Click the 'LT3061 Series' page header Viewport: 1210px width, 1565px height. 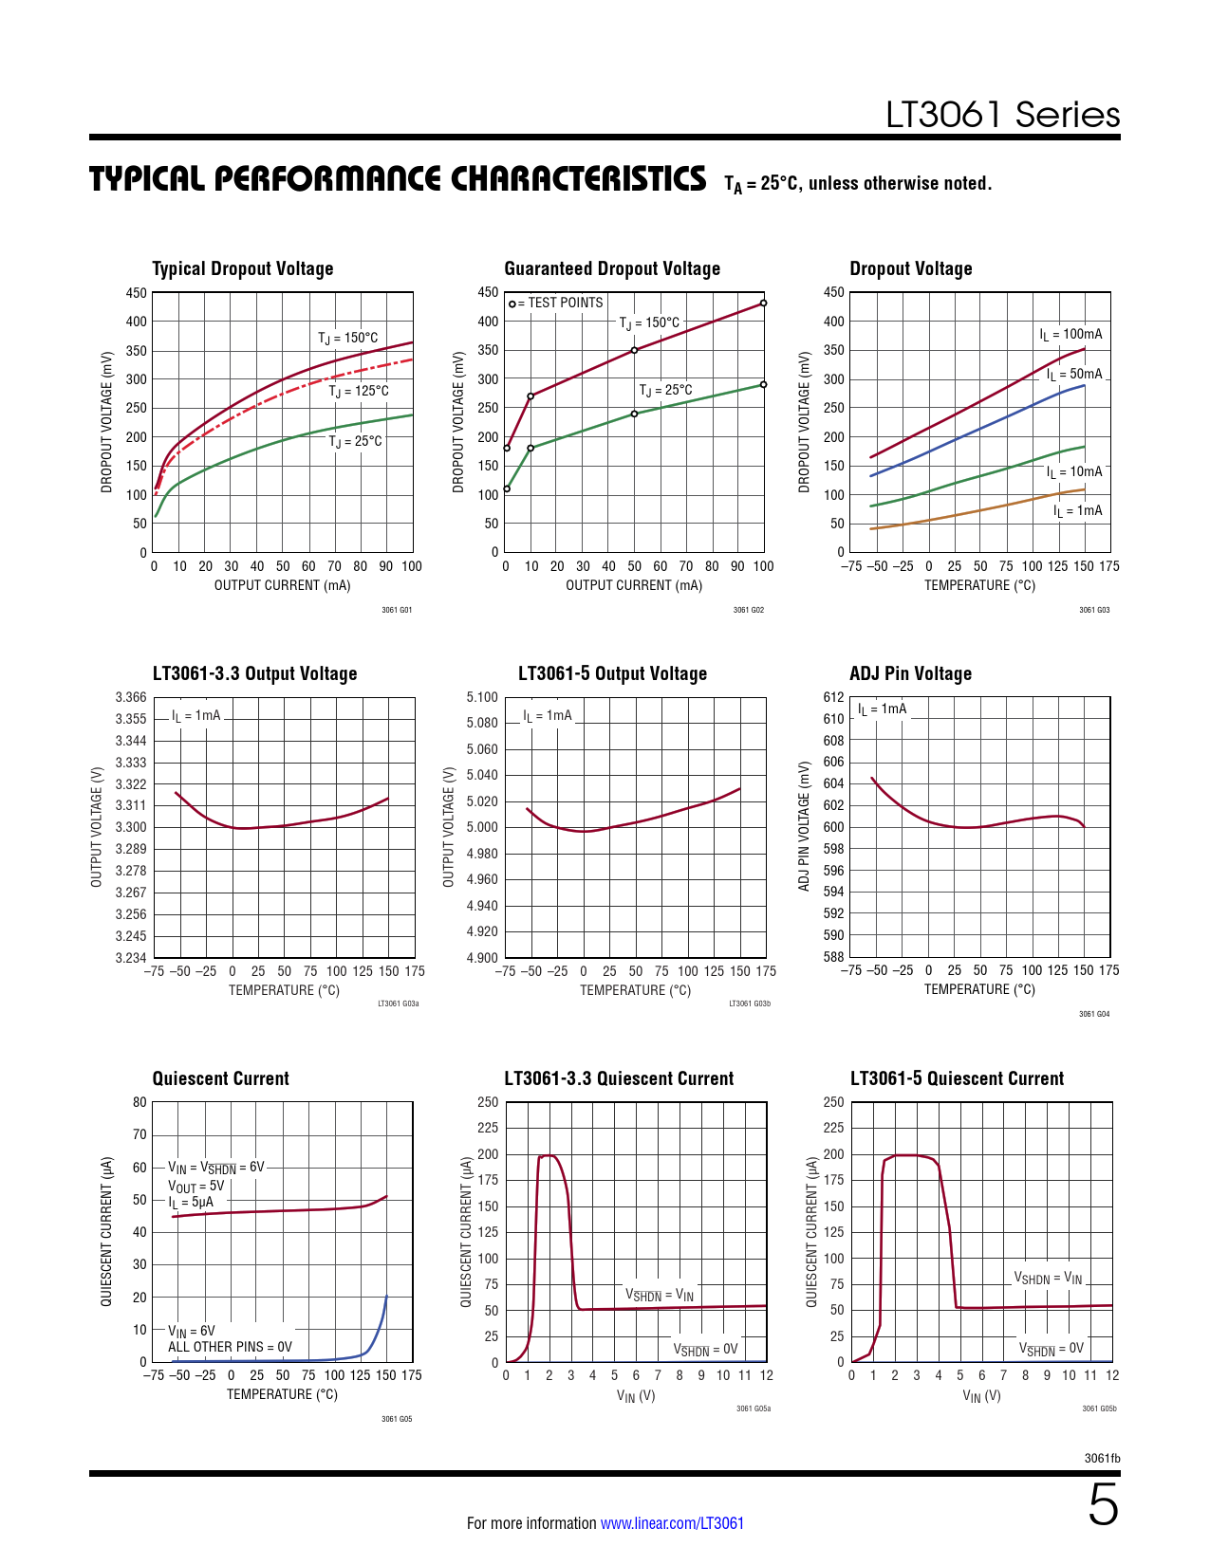tap(1002, 115)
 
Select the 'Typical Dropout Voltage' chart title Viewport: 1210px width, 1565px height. tap(243, 268)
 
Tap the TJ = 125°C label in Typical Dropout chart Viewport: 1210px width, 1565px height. tap(359, 391)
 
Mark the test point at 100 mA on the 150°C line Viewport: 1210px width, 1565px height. tap(763, 304)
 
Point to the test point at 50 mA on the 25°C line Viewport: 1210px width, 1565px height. tap(634, 414)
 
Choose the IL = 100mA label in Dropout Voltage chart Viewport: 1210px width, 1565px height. tap(1070, 334)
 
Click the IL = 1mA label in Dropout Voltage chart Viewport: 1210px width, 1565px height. tap(1077, 511)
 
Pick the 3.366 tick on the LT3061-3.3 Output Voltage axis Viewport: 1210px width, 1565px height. tap(131, 697)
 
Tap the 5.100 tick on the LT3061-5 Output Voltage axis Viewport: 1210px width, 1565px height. tap(482, 697)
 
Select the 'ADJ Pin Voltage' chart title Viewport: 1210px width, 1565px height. tap(910, 673)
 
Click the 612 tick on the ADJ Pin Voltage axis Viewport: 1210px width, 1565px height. tap(833, 697)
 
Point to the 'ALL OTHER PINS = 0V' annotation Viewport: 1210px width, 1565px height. tap(230, 1347)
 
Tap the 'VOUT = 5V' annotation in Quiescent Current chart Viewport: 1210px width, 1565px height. tap(196, 1186)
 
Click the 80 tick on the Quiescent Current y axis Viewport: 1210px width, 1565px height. tap(140, 1102)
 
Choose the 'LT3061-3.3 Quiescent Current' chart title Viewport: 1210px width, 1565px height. tap(619, 1078)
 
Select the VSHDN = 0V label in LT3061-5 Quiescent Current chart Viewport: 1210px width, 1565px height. tap(1051, 1349)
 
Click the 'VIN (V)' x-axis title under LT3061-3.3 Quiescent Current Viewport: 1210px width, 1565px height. tap(636, 1396)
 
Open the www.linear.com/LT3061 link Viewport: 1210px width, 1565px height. tap(672, 1523)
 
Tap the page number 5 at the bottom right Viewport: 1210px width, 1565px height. tap(1102, 1506)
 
